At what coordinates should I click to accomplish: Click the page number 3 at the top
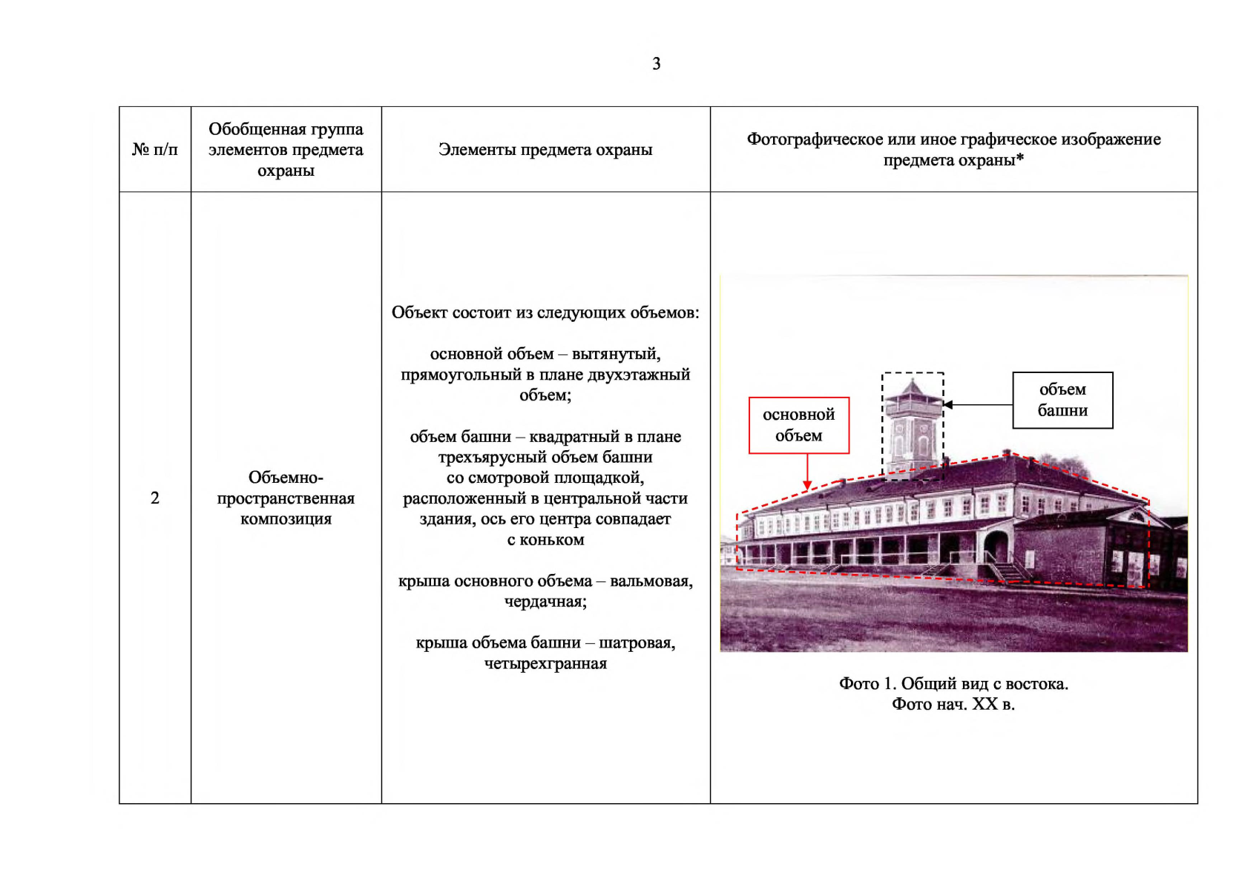[656, 64]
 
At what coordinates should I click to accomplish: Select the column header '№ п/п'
[154, 150]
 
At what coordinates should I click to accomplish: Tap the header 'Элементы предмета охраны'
[545, 150]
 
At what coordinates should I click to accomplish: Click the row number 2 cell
[154, 498]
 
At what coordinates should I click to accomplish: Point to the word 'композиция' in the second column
[286, 518]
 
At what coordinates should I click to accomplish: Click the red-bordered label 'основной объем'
[799, 425]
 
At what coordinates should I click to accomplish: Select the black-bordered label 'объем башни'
[1062, 400]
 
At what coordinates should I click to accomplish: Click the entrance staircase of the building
[1009, 571]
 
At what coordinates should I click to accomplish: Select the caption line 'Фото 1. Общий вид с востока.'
[953, 683]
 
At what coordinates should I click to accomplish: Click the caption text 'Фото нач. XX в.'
[953, 704]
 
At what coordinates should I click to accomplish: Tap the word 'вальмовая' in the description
[651, 581]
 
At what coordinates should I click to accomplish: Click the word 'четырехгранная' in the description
[545, 663]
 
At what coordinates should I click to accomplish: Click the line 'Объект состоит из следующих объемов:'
[545, 312]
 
